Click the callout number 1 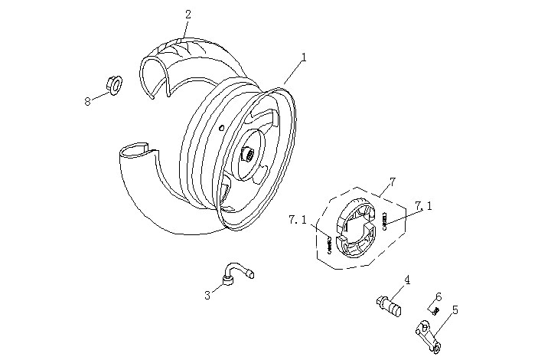click(x=304, y=57)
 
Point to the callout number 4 click(x=407, y=280)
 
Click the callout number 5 click(x=455, y=310)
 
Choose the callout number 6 click(x=439, y=297)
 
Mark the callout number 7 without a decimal click(x=392, y=182)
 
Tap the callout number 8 click(x=87, y=100)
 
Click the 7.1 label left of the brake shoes click(x=298, y=220)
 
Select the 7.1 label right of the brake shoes click(x=423, y=205)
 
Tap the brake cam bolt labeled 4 click(x=390, y=304)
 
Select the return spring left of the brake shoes click(x=330, y=246)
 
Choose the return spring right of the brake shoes click(x=384, y=221)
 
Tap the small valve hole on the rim click(x=221, y=126)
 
